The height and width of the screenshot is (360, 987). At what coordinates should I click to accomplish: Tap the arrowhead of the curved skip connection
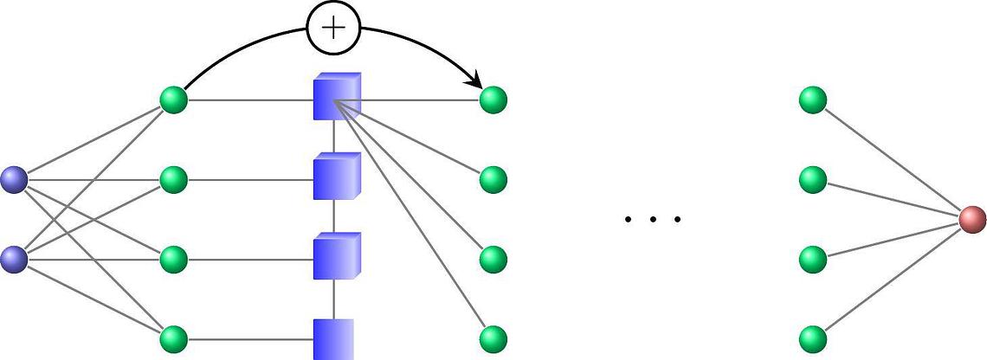coord(475,82)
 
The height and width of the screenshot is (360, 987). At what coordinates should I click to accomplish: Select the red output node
coord(972,219)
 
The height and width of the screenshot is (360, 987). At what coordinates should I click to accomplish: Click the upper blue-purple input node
coord(14,179)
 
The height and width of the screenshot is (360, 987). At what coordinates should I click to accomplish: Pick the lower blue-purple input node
coord(14,259)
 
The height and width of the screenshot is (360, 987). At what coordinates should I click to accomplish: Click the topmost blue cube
coord(335,98)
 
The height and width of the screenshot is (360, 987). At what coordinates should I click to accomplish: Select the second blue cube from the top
coord(335,177)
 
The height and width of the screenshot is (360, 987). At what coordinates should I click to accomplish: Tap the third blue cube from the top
coord(335,257)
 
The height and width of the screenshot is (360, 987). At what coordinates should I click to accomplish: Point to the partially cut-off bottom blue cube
coord(333,338)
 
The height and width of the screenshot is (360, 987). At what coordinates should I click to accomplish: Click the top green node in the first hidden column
coord(174,100)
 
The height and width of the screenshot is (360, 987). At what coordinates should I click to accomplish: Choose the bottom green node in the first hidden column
coord(174,337)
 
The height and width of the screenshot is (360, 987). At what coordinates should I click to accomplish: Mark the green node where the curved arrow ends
coord(493,100)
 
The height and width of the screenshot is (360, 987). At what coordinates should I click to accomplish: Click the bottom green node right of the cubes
coord(493,337)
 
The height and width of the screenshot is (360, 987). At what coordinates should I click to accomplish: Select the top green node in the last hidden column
coord(813,100)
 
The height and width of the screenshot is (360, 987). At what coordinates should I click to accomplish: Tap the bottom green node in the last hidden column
coord(813,337)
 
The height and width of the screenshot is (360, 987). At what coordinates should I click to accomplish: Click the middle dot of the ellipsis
coord(653,220)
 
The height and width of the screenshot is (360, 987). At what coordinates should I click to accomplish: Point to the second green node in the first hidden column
coord(174,180)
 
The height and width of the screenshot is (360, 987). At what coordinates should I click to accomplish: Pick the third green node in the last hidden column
coord(813,259)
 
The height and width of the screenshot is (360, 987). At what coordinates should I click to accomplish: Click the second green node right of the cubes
coord(493,180)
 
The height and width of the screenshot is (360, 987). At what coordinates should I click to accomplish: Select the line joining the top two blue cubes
coord(334,137)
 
